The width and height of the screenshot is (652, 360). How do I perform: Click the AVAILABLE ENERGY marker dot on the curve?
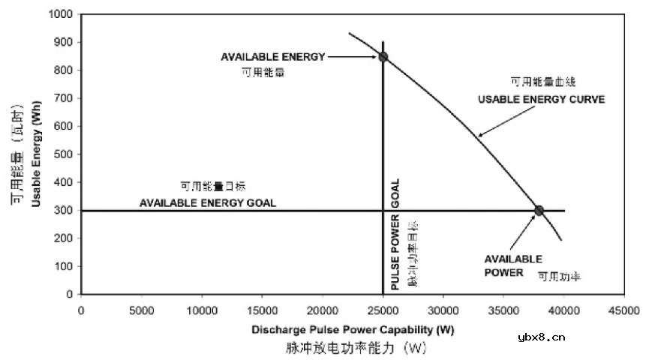pos(383,57)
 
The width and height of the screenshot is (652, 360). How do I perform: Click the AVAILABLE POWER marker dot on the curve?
pos(539,210)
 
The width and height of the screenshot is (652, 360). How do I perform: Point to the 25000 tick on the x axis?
pos(383,295)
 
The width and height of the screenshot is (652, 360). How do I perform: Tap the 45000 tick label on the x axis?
pos(623,309)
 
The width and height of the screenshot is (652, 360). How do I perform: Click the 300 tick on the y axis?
pos(80,211)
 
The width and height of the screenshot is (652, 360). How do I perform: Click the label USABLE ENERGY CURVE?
pos(541,99)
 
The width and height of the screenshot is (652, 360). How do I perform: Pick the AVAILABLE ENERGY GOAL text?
pos(208,202)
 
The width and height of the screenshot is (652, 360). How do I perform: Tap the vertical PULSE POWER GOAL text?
pos(395,235)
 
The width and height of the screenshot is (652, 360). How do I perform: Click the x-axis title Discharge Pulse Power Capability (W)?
pos(353,329)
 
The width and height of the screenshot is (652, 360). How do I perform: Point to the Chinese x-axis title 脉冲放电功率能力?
pos(356,348)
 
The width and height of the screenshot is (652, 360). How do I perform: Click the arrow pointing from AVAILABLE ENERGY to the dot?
pos(353,56)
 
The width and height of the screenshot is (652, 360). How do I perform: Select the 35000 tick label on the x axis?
pos(503,309)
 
